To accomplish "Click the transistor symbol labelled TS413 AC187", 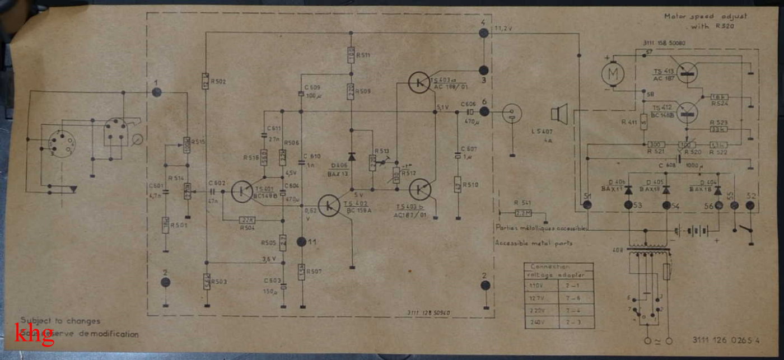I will coord(688,72).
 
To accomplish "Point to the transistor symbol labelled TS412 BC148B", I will coord(689,112).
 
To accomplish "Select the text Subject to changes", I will coord(60,321).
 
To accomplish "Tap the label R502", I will coord(220,82).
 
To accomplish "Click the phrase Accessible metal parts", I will coord(534,243).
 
